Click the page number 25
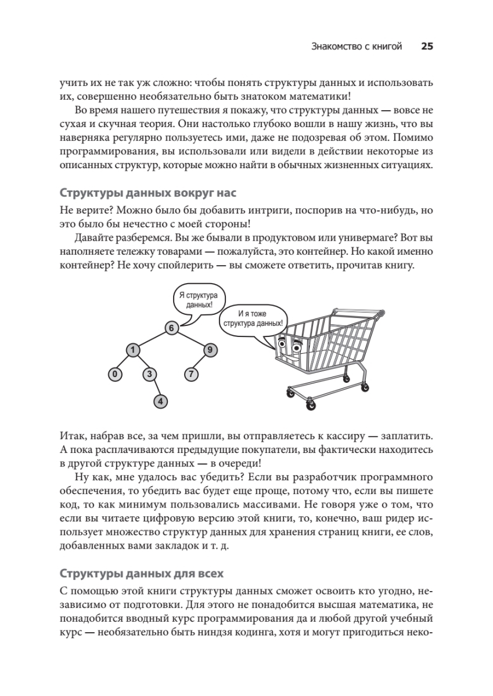pos(427,47)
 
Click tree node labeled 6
pos(171,328)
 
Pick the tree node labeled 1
pos(133,350)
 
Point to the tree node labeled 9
pos(210,350)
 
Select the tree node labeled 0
pos(116,375)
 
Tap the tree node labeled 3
pos(150,375)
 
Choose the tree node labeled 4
pos(161,401)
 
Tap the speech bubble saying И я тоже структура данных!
pos(253,319)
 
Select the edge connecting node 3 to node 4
pos(156,388)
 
